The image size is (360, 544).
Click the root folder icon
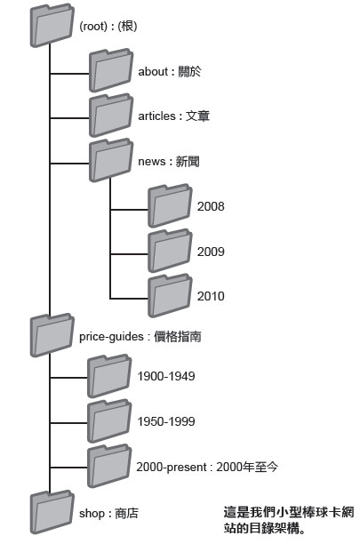52,26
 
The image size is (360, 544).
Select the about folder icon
111,70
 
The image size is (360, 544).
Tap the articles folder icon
111,116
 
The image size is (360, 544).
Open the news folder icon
111,160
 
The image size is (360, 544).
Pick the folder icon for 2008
170,205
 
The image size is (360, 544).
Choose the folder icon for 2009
170,251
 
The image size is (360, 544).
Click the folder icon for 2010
170,296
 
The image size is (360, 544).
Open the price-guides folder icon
52,335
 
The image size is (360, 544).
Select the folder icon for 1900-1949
109,376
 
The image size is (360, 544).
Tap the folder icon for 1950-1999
109,421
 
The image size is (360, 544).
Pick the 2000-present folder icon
109,466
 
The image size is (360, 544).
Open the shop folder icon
52,512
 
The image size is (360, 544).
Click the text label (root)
93,26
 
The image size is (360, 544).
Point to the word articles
156,116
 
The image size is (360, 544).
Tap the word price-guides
111,337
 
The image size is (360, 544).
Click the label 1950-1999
166,421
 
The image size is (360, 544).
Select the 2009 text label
211,252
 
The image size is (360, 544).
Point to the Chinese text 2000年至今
247,467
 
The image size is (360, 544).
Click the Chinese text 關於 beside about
189,71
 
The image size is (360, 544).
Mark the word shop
92,514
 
